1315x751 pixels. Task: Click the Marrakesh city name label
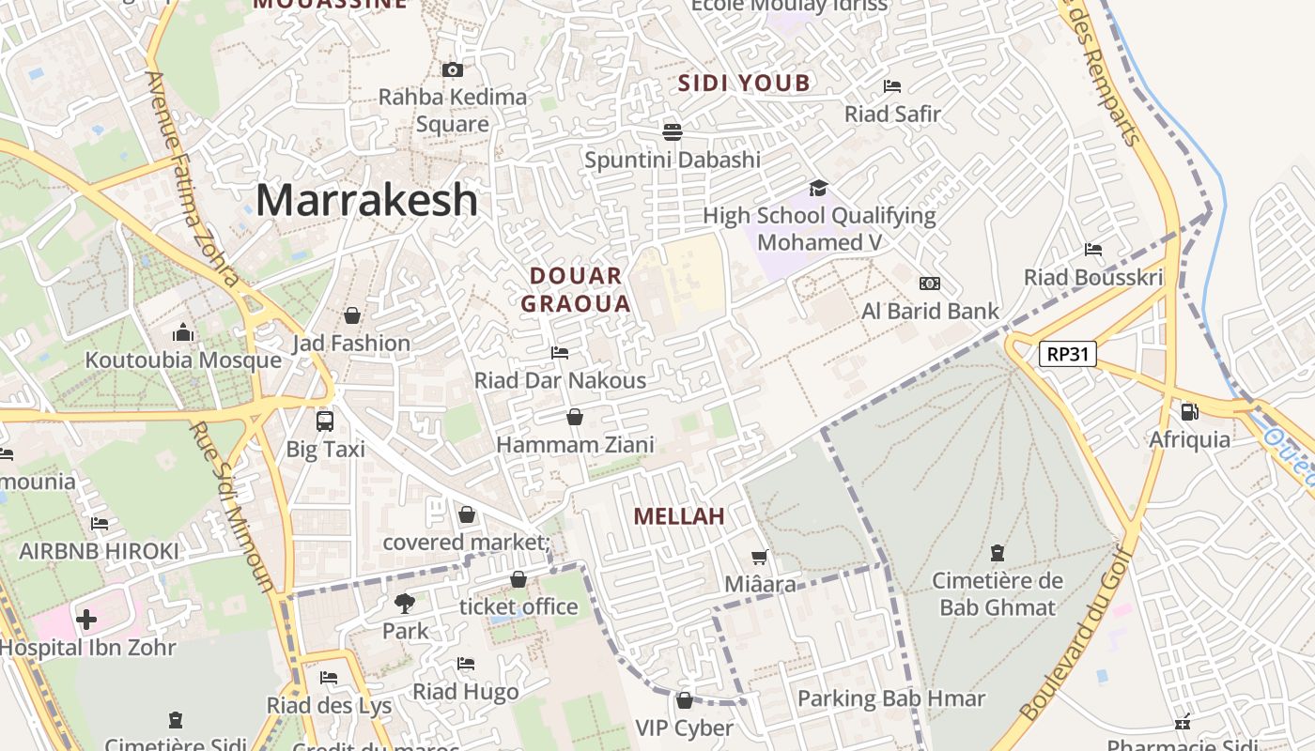tap(366, 200)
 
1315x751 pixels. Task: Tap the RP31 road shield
tap(1067, 354)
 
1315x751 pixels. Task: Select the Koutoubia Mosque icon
tap(183, 332)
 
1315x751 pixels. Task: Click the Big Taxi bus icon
tap(325, 421)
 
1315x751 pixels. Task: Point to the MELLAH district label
tap(678, 516)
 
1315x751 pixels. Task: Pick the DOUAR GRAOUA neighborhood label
tap(576, 290)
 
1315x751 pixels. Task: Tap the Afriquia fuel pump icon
tap(1189, 411)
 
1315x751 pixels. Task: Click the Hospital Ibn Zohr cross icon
tap(86, 620)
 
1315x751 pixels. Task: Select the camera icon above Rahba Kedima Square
tap(452, 69)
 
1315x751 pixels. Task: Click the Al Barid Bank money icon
tap(930, 283)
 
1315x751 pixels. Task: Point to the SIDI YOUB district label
tap(744, 83)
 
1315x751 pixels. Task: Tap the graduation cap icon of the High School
tap(819, 188)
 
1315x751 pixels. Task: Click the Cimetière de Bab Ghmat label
tap(998, 594)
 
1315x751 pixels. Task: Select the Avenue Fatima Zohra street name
tap(192, 178)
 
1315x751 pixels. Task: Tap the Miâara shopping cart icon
tap(760, 557)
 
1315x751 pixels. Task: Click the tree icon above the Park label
tap(405, 603)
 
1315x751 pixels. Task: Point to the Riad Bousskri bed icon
tap(1093, 250)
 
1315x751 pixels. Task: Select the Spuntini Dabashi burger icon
tap(673, 131)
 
